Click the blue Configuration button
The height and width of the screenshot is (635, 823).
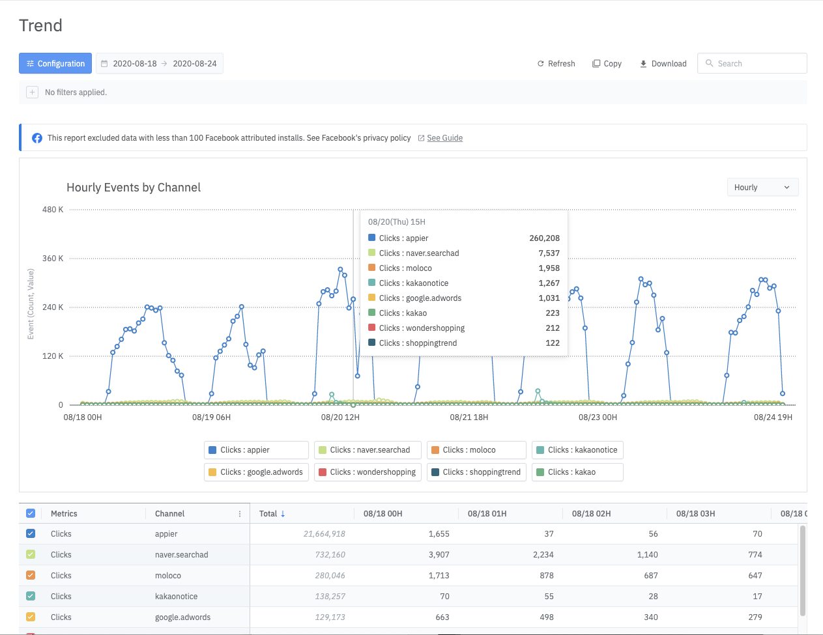click(x=55, y=63)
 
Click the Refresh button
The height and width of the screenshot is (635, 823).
click(x=556, y=63)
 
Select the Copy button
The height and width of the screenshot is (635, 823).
click(x=607, y=63)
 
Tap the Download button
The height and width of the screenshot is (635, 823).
click(x=663, y=63)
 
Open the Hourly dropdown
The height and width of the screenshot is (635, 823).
click(x=762, y=187)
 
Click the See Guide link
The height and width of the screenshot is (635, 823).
click(x=444, y=138)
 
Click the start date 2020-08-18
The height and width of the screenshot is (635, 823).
click(x=134, y=63)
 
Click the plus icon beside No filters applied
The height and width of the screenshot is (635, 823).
click(x=32, y=92)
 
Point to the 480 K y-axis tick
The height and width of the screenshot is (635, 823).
click(x=53, y=210)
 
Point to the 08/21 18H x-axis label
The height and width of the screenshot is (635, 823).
click(x=469, y=417)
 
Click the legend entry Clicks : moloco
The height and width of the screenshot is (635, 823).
click(x=476, y=450)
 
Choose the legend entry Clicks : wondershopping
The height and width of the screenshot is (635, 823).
click(x=368, y=472)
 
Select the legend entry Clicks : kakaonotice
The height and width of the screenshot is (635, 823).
click(x=577, y=450)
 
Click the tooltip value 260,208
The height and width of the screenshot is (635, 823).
click(x=544, y=238)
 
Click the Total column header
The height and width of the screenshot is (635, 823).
click(x=268, y=514)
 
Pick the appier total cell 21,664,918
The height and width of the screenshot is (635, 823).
click(x=324, y=534)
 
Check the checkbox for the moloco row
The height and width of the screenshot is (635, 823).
click(x=31, y=575)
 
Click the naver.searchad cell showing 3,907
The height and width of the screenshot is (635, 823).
click(x=439, y=555)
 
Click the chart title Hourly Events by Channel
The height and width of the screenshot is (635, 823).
click(x=134, y=188)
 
